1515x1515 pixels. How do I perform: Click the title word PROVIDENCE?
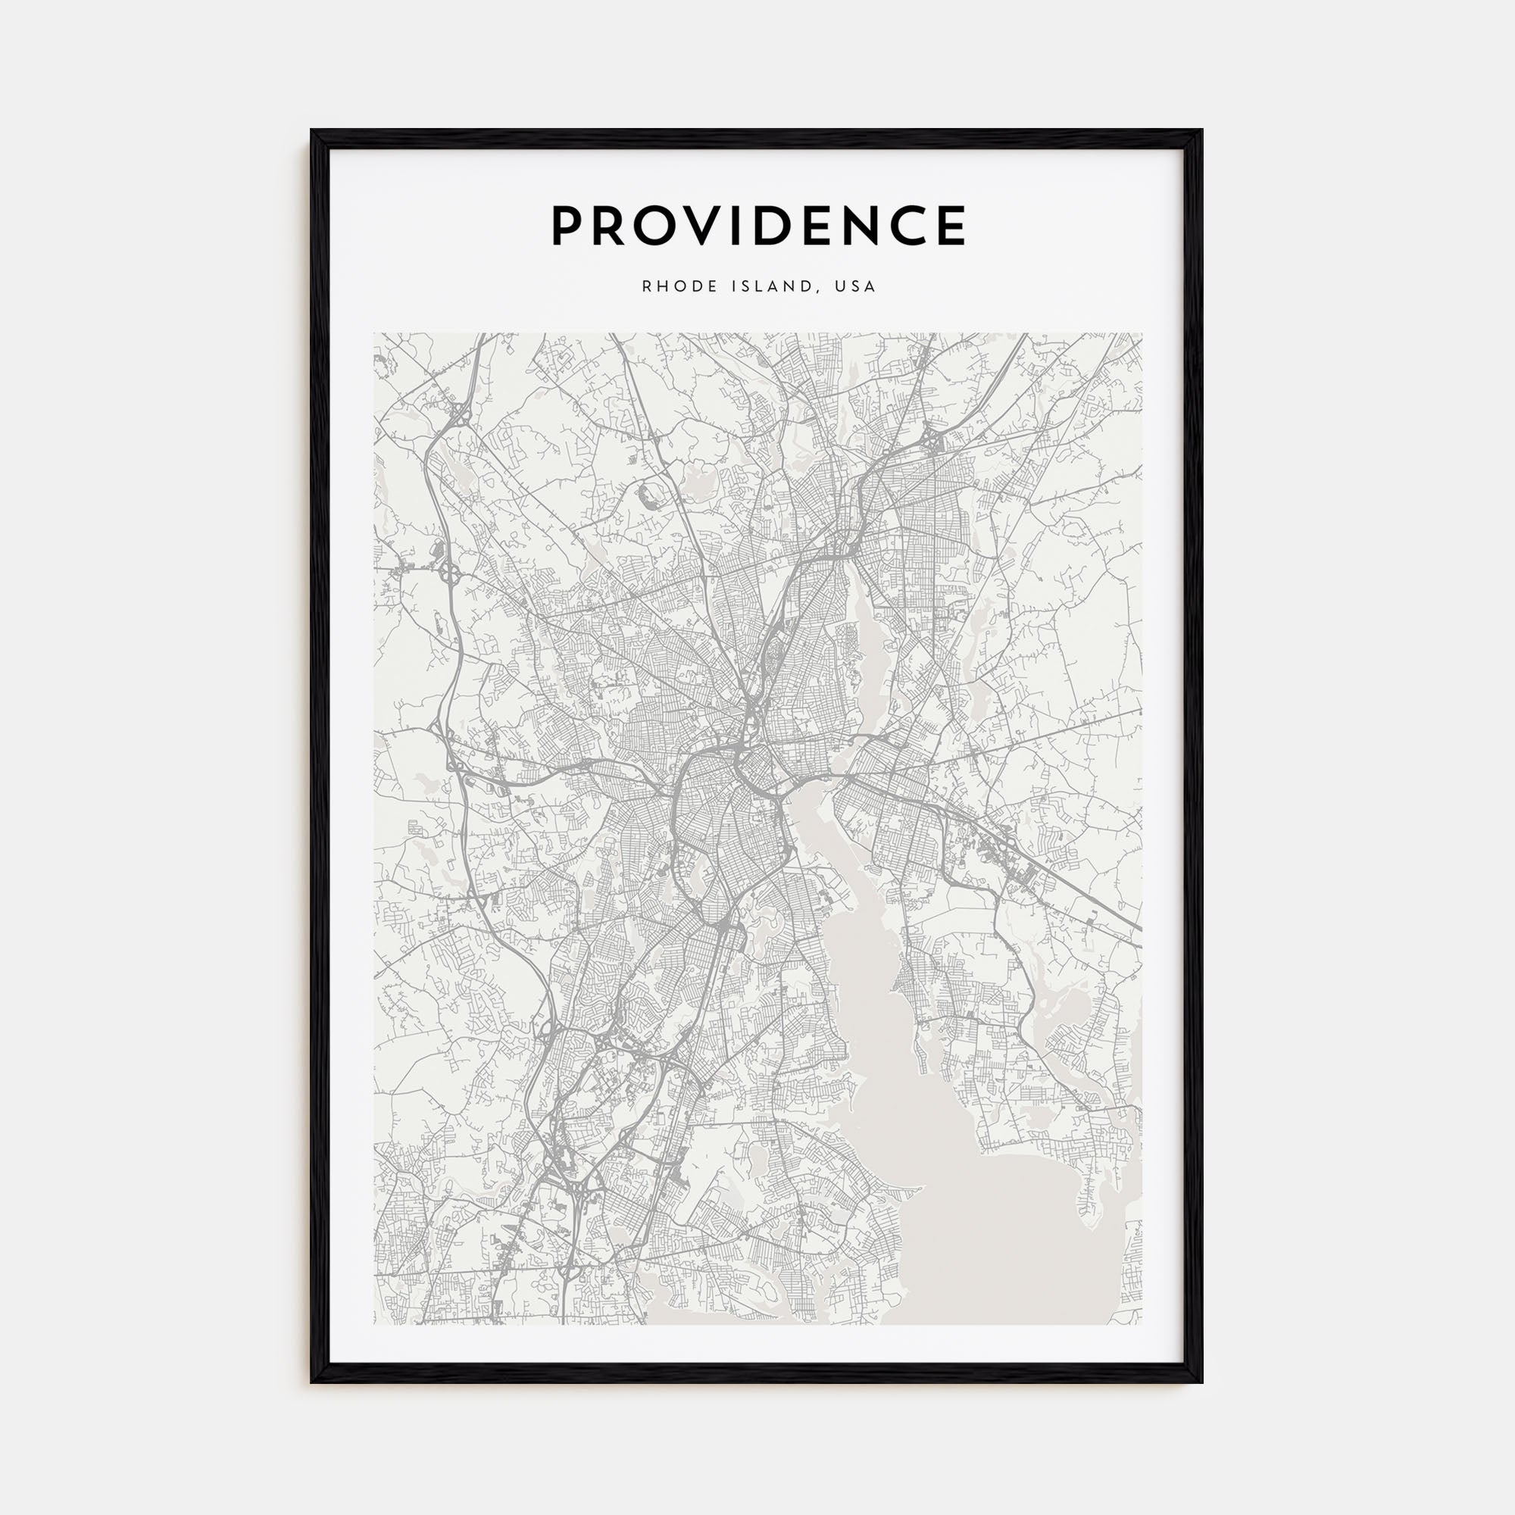(x=757, y=226)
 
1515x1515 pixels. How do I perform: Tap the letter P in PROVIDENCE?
(x=570, y=226)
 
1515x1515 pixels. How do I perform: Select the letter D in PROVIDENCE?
(x=785, y=226)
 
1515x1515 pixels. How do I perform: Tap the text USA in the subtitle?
(x=854, y=286)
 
